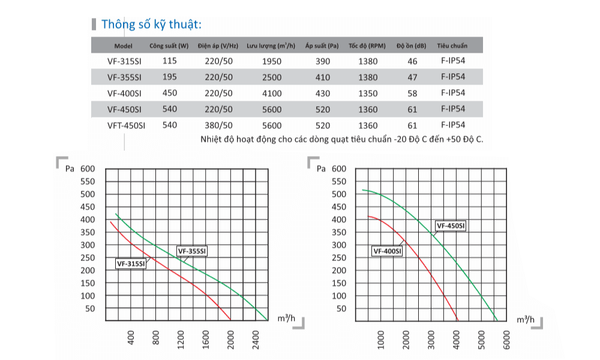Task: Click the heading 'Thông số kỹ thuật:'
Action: (151, 25)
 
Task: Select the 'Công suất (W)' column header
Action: (169, 46)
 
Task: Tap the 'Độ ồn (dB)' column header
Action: (412, 46)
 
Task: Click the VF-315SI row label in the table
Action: (124, 61)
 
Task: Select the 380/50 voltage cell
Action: (218, 125)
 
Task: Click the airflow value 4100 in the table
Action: (271, 93)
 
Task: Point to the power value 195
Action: (169, 77)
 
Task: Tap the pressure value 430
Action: (322, 93)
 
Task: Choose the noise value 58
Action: (412, 93)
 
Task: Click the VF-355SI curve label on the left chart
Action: (192, 251)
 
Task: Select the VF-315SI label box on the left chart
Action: (131, 263)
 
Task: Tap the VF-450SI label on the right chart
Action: (451, 226)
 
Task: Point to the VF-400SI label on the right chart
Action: (387, 251)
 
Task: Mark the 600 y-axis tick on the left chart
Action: (88, 169)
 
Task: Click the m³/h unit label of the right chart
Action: (525, 320)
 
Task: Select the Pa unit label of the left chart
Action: (70, 169)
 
